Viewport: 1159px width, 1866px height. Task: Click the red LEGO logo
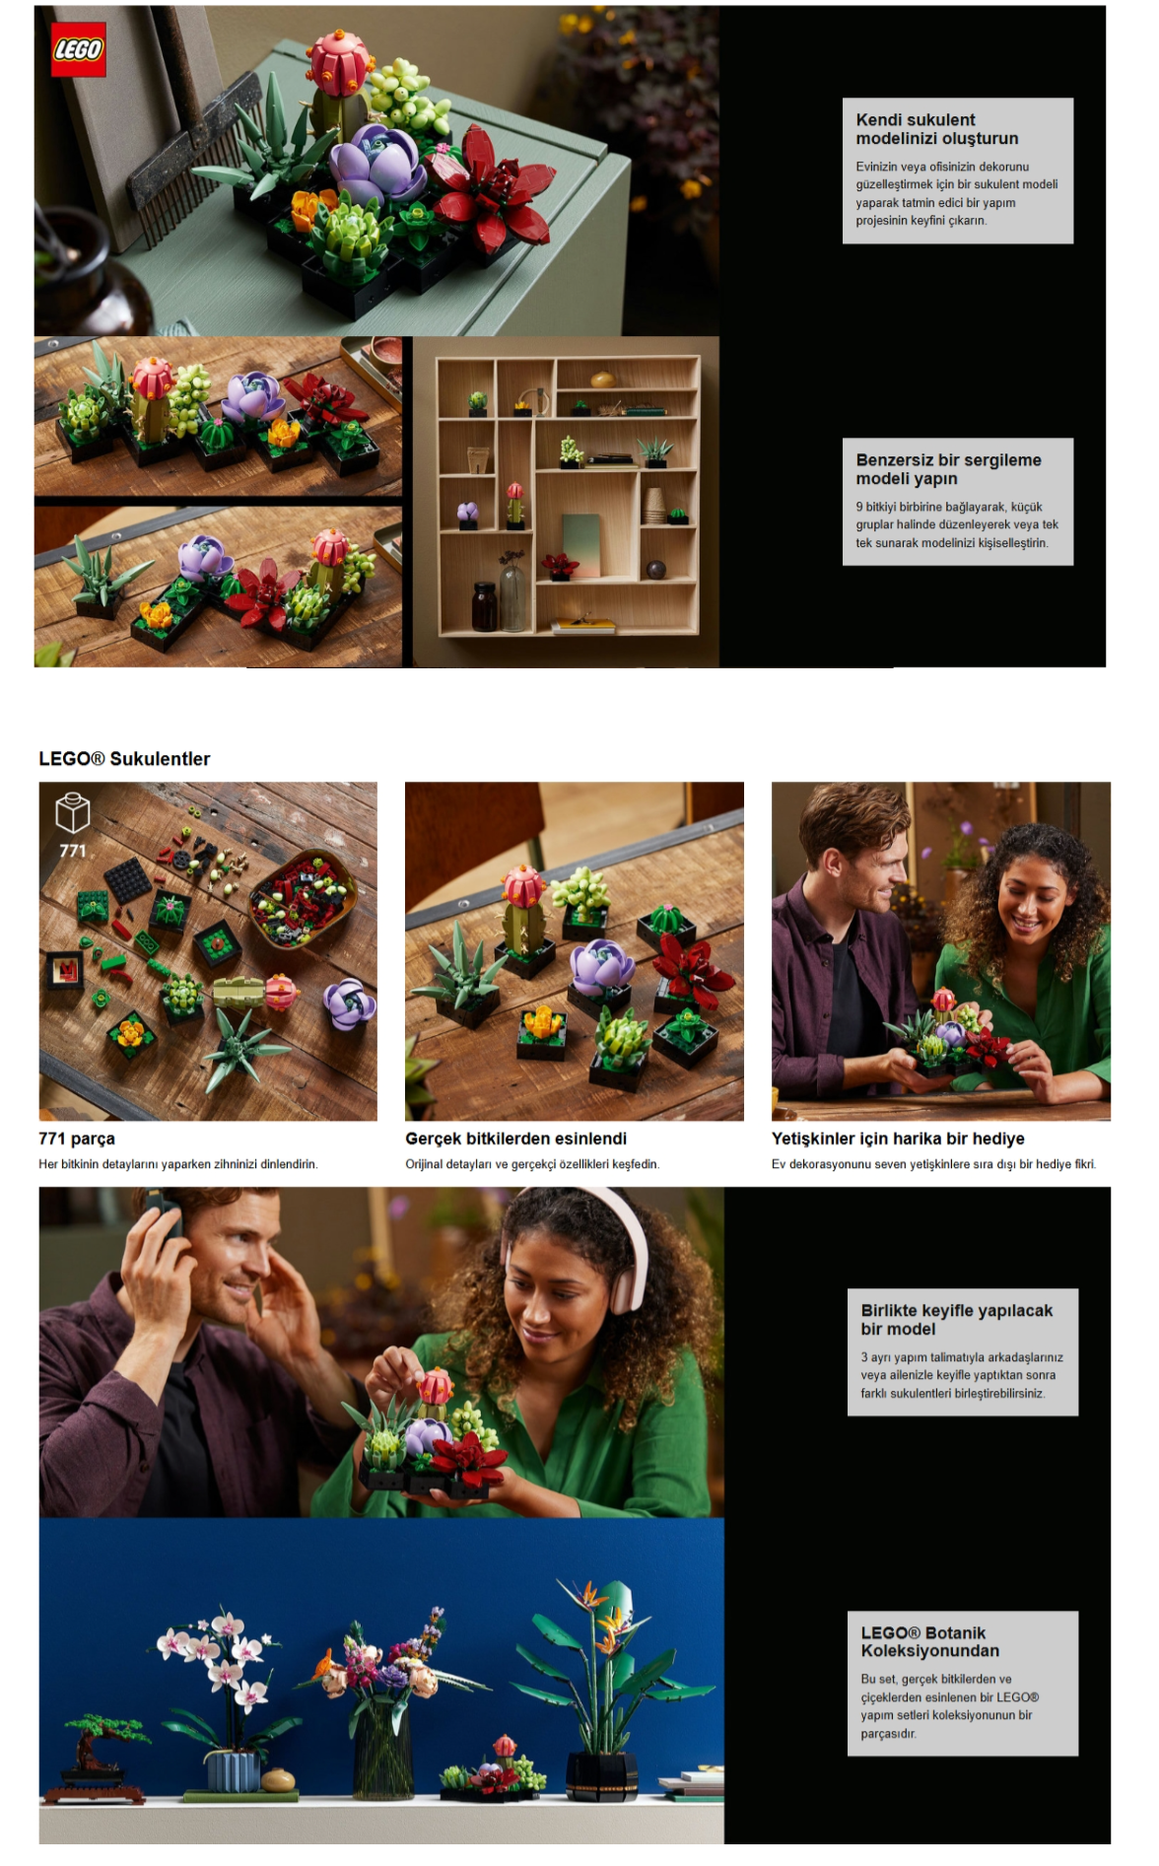point(78,50)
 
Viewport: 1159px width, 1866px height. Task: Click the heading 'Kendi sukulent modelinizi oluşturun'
point(937,129)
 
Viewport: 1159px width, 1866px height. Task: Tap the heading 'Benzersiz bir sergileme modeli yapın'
point(948,469)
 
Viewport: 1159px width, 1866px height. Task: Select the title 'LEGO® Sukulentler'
point(124,759)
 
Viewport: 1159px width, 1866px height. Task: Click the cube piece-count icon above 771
point(73,813)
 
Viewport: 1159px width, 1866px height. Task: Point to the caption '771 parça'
point(77,1139)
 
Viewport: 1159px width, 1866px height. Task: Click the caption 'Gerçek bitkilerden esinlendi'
point(515,1139)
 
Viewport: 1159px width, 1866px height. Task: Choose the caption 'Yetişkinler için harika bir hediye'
point(898,1139)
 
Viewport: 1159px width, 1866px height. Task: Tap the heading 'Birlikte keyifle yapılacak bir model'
point(957,1320)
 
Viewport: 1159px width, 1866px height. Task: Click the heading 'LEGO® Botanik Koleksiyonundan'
point(930,1641)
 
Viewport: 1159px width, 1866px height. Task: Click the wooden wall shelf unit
point(567,495)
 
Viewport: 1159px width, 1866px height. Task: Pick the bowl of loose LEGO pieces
point(303,897)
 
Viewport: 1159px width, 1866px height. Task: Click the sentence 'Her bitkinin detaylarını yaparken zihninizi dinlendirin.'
point(178,1164)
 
